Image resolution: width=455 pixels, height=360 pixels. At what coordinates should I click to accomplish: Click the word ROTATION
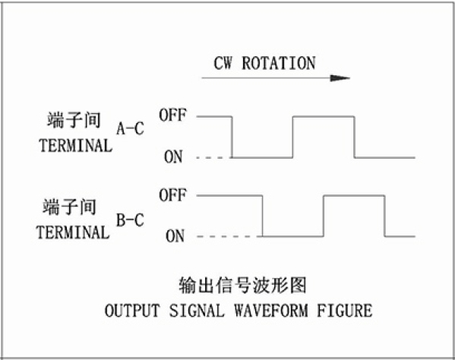pos(279,63)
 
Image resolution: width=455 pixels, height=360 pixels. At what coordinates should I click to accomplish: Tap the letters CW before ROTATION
pos(223,63)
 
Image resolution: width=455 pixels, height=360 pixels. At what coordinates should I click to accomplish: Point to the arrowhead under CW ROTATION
pos(340,78)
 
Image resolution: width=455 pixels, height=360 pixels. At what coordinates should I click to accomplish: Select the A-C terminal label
pos(131,128)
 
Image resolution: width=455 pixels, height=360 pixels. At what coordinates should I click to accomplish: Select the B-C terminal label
pos(131,219)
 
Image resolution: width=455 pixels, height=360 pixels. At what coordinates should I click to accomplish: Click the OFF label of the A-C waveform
pos(172,115)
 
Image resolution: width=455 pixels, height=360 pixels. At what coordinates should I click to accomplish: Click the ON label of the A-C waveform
pos(173,156)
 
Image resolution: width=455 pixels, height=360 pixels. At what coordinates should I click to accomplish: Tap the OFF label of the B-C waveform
pos(172,194)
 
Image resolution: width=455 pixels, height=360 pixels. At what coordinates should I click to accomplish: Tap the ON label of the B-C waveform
pos(175,236)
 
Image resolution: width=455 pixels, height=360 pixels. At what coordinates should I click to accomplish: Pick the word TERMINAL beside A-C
pos(75,145)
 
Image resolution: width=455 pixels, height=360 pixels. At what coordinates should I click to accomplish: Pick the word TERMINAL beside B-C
pos(73,232)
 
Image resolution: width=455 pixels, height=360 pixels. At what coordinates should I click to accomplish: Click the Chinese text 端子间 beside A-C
pos(74,119)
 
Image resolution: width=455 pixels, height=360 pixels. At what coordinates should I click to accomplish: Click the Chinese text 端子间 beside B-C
pos(69,207)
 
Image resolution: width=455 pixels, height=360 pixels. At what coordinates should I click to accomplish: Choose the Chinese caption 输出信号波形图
pos(242,285)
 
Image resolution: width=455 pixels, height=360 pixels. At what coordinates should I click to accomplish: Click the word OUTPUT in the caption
pos(132,311)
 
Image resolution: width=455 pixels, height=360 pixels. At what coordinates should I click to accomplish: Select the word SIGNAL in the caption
pos(197,311)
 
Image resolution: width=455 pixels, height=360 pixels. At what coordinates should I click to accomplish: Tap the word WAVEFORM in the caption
pos(271,311)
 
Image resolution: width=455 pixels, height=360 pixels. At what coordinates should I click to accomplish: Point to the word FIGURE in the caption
pos(344,311)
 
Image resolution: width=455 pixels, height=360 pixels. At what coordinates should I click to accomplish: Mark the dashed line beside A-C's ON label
pos(215,158)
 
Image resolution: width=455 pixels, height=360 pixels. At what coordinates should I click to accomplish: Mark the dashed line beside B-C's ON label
pos(229,236)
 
